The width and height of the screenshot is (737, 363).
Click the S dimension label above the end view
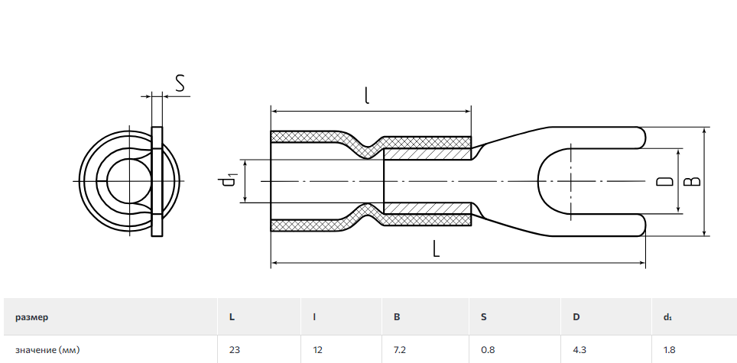[180, 83]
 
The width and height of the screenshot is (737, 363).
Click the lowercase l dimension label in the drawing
[367, 96]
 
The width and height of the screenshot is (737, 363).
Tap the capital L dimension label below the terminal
[437, 248]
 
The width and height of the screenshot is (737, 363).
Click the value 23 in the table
[234, 350]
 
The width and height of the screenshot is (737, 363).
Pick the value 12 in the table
[317, 350]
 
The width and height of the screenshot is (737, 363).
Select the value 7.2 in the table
[401, 350]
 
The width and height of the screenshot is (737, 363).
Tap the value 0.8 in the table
[488, 350]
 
